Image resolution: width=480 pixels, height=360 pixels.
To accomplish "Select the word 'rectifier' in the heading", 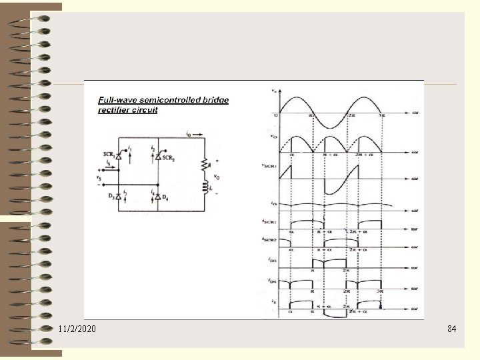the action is tap(115, 110).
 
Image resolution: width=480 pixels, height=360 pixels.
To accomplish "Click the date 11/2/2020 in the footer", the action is tap(77, 329).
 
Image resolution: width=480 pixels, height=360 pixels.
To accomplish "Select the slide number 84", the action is tap(452, 329).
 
